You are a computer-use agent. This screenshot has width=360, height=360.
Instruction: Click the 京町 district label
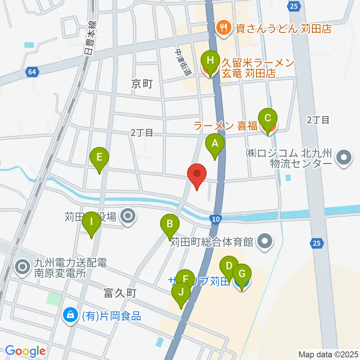coord(142,84)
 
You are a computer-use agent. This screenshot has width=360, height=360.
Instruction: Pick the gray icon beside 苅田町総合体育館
coord(265,241)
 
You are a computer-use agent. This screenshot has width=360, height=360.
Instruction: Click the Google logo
coord(25,351)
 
